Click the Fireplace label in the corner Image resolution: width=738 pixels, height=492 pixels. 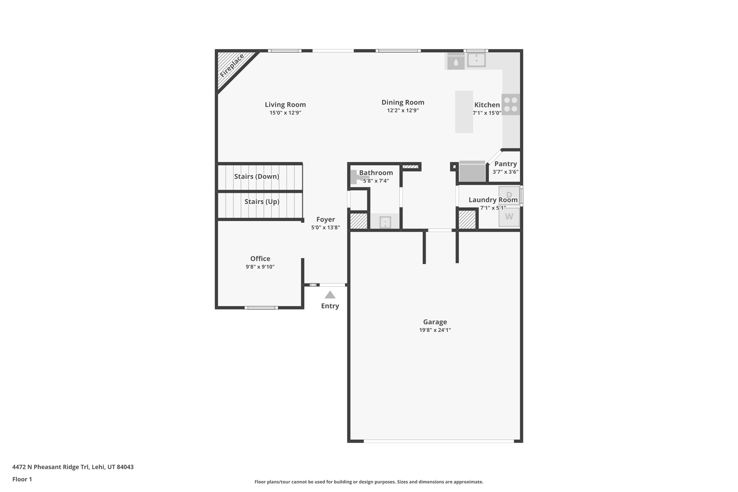(232, 65)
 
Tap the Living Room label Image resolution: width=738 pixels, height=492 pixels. (285, 105)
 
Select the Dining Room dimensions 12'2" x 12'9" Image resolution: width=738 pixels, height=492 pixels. (403, 110)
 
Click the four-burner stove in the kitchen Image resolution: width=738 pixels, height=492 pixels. (511, 105)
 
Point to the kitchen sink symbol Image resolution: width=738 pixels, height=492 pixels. (476, 60)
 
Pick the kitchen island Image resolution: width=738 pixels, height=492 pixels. (464, 112)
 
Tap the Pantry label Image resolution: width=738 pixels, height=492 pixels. (505, 164)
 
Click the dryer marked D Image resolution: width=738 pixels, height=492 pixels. (509, 195)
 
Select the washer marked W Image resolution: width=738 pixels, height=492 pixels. (509, 217)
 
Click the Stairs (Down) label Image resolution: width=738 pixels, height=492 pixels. (257, 176)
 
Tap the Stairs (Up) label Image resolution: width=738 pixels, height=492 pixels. (262, 201)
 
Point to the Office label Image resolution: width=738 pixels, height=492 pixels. (260, 258)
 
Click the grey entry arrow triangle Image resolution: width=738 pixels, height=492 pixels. (330, 295)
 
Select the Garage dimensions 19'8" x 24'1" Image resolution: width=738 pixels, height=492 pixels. (435, 330)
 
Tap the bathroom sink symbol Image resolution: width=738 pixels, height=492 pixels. (385, 222)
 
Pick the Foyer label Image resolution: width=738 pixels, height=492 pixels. (325, 219)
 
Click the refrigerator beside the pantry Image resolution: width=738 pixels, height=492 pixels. (472, 172)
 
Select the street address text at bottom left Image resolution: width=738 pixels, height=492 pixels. (73, 467)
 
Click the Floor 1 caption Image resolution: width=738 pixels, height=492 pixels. (22, 479)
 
